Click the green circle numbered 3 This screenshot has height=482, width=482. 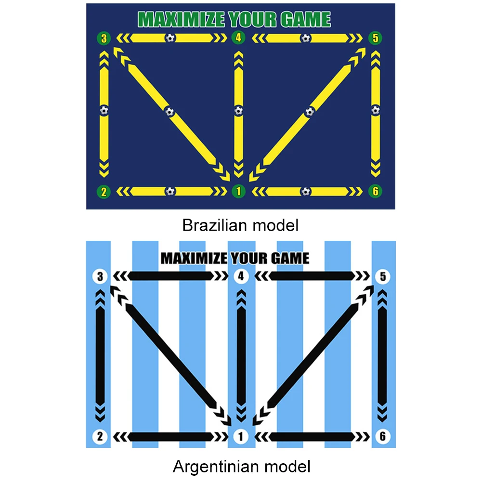coord(103,38)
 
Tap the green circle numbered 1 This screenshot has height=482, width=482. coord(238,191)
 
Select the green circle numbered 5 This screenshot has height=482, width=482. coord(376,38)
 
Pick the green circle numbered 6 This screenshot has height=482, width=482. coord(376,191)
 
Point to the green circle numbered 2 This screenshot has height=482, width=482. coord(103,192)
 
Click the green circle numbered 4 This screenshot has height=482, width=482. coord(238,38)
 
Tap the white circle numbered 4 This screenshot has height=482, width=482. coord(241,277)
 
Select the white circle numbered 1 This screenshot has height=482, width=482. coord(241,437)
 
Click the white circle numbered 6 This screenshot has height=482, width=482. coord(382,437)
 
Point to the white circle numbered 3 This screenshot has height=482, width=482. coord(100,277)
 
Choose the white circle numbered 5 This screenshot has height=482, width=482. coord(382,277)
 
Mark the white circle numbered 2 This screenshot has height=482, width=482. coord(100,437)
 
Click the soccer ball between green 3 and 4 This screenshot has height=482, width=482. coord(170,38)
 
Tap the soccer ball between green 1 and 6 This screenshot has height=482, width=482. coord(306,191)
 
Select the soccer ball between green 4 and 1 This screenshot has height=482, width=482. coord(238,111)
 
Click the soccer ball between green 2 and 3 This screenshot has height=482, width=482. coord(104,111)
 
